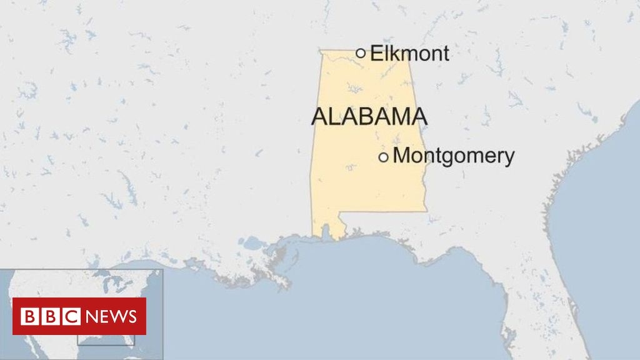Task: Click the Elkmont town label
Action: (409, 54)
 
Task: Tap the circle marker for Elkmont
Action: (361, 53)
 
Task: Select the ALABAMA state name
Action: (369, 117)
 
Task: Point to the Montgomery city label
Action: (454, 156)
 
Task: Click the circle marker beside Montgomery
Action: (383, 157)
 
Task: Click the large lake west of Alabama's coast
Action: (253, 242)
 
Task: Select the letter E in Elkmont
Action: (376, 54)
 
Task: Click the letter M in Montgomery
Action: (401, 156)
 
